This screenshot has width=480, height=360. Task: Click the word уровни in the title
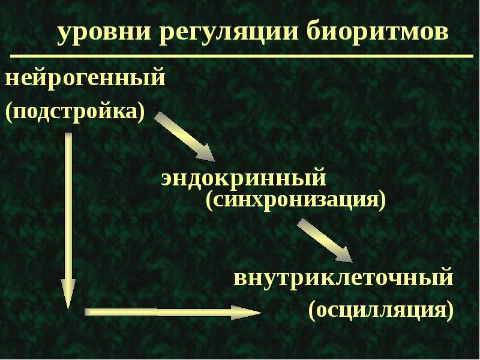104,33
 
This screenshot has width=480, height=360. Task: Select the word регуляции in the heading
229,33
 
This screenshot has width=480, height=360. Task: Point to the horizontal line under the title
242,56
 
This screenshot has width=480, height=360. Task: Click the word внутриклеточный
343,278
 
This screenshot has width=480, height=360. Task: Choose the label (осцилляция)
381,310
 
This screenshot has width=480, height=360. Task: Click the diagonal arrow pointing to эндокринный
185,137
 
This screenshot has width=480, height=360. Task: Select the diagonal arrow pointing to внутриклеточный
325,241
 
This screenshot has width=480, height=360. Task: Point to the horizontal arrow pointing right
173,312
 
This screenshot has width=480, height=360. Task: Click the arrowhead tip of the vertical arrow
68,310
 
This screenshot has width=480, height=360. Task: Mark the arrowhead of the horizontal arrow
247,313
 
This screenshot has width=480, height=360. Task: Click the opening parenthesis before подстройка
8,113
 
